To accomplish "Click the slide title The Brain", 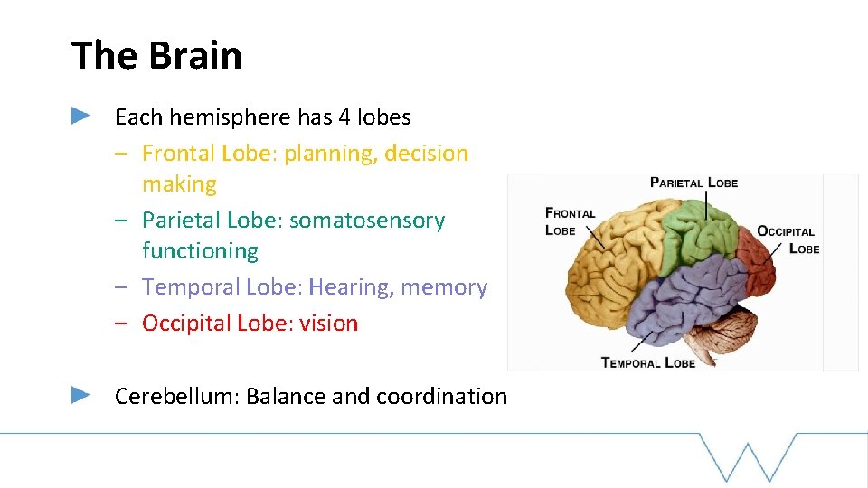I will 156,55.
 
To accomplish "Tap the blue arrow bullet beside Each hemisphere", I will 80,116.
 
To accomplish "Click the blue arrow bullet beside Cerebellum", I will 80,395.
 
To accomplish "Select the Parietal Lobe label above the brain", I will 693,183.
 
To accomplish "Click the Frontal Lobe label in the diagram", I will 570,221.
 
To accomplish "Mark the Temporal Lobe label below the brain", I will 647,362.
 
